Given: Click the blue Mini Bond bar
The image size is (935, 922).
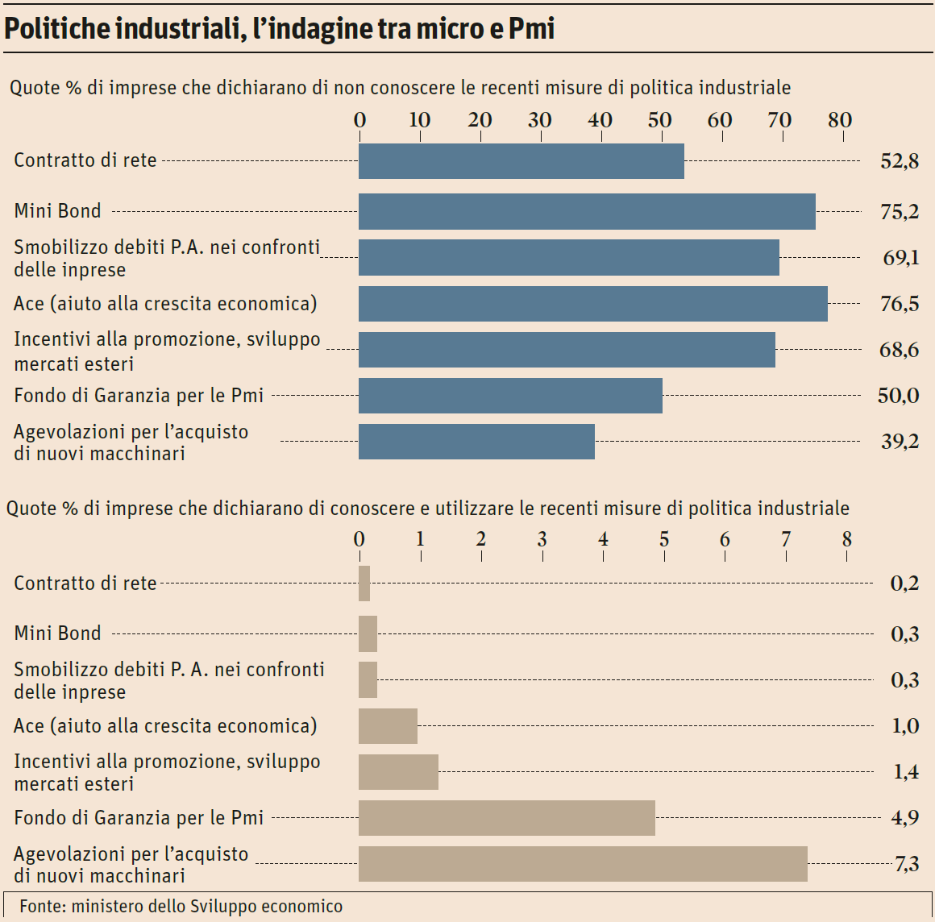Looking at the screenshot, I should (x=587, y=211).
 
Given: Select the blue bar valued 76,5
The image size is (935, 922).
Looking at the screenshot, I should (x=592, y=304).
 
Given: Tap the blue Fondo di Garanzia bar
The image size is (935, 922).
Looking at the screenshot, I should (x=510, y=396).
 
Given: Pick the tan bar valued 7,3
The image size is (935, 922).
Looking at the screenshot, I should (x=583, y=864).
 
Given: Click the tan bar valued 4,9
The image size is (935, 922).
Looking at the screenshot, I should (x=506, y=818).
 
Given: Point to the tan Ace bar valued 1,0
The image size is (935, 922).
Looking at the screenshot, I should (x=388, y=726).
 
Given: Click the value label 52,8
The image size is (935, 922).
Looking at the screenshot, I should (x=899, y=161).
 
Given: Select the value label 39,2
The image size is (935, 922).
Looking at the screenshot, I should (x=899, y=442).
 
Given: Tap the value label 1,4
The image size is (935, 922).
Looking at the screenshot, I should (x=905, y=772).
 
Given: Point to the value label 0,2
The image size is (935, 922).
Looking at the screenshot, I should (x=904, y=584).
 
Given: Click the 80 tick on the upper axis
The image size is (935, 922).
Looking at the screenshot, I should (x=839, y=120).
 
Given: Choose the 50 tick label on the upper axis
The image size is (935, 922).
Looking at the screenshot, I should (x=659, y=120).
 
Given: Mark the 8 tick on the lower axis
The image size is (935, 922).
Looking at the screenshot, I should (x=846, y=540).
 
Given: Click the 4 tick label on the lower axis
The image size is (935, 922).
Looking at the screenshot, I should (x=603, y=540).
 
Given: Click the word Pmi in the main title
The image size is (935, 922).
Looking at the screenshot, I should (x=532, y=29).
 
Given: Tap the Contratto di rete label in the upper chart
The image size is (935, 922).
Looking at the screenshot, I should (x=85, y=160).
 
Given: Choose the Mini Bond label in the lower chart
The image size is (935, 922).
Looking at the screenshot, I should (x=57, y=633).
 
